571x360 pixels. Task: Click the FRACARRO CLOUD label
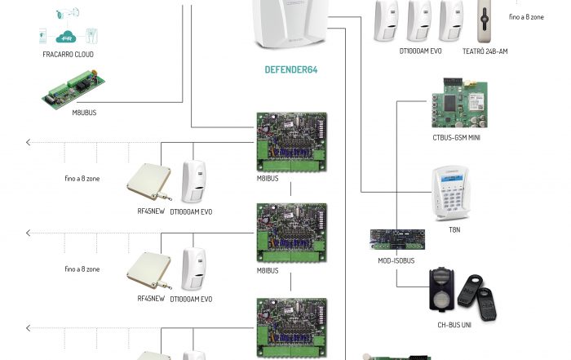point(68,54)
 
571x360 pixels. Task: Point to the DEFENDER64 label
point(291,70)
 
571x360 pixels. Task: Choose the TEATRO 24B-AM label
point(485,51)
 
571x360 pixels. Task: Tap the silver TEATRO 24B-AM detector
point(488,20)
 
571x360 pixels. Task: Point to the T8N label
point(454,230)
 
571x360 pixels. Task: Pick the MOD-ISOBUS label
point(396,260)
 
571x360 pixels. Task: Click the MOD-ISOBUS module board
point(397,239)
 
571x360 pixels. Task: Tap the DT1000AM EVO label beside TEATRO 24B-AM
point(420,51)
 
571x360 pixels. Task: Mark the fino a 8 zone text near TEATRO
point(526,16)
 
